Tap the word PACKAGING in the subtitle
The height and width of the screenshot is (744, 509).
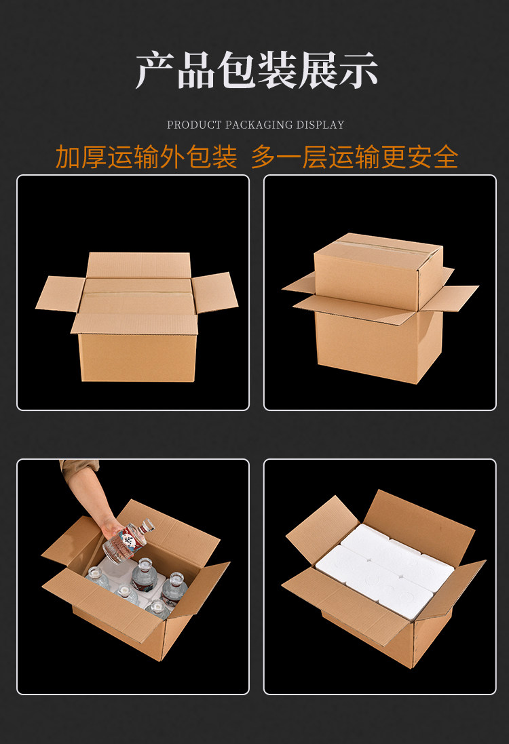click(259, 125)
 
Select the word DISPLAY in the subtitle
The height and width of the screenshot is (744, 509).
click(320, 125)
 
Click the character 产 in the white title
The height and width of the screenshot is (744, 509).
click(155, 71)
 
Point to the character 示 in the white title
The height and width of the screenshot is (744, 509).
click(358, 71)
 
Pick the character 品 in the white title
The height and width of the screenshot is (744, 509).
click(195, 71)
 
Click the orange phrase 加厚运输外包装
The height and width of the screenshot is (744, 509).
click(146, 157)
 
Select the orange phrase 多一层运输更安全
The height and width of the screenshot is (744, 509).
click(355, 157)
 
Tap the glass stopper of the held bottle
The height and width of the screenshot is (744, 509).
click(148, 525)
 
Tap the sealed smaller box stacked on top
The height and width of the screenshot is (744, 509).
click(379, 271)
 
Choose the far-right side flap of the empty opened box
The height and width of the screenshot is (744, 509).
click(214, 292)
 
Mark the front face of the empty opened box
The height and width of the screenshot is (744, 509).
click(138, 357)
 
